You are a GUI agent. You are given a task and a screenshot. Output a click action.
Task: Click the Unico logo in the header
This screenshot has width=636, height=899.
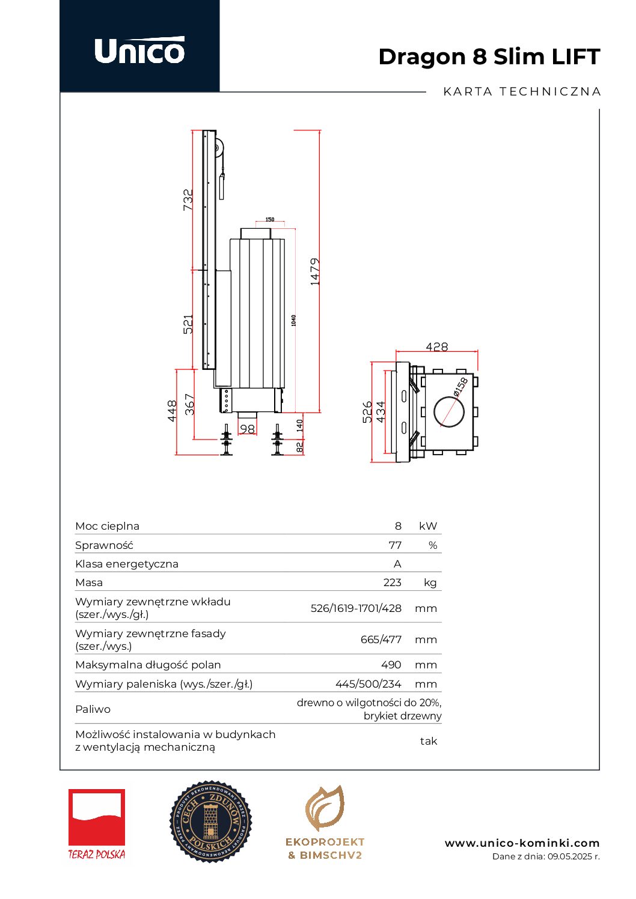coord(139,50)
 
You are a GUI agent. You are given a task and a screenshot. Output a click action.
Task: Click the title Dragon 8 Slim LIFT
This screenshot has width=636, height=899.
coord(489,56)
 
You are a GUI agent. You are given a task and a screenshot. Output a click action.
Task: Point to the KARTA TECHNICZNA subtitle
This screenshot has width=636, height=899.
coord(522,92)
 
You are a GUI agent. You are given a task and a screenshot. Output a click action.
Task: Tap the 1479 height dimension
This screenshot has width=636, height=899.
coord(315,271)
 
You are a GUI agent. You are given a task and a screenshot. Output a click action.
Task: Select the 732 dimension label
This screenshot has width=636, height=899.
coord(188,199)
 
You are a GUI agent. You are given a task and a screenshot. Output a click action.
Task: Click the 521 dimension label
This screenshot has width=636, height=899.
coord(188,324)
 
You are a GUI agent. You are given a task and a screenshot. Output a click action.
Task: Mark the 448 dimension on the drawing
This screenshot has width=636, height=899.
coord(173,411)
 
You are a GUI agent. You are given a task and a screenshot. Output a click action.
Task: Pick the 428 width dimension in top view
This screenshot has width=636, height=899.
coord(436,347)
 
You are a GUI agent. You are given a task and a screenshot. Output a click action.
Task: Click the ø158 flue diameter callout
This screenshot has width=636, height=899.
coord(461,386)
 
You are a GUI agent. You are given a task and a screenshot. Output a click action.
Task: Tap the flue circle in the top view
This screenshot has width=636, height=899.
coord(449,412)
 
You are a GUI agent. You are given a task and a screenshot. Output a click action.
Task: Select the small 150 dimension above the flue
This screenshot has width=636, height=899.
coord(270,220)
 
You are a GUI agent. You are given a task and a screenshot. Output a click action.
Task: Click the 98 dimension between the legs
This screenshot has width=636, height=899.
coord(247,429)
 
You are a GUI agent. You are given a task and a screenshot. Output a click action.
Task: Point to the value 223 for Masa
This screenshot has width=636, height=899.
coord(392,583)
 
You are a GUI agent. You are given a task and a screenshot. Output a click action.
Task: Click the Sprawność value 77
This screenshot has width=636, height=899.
coord(395,545)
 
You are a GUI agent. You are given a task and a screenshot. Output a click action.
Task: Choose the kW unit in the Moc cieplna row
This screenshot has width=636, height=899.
coord(428,526)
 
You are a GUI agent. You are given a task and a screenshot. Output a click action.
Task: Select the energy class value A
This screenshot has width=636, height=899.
coord(397,564)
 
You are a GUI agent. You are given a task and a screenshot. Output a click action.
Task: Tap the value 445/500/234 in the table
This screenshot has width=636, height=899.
coord(368,684)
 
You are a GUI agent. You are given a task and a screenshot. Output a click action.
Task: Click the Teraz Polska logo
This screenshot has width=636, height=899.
coord(97,824)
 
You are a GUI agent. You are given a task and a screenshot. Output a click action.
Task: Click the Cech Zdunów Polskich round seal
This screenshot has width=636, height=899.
coord(211,822)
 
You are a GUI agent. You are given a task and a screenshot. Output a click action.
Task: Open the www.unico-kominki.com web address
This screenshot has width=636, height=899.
coord(522,843)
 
